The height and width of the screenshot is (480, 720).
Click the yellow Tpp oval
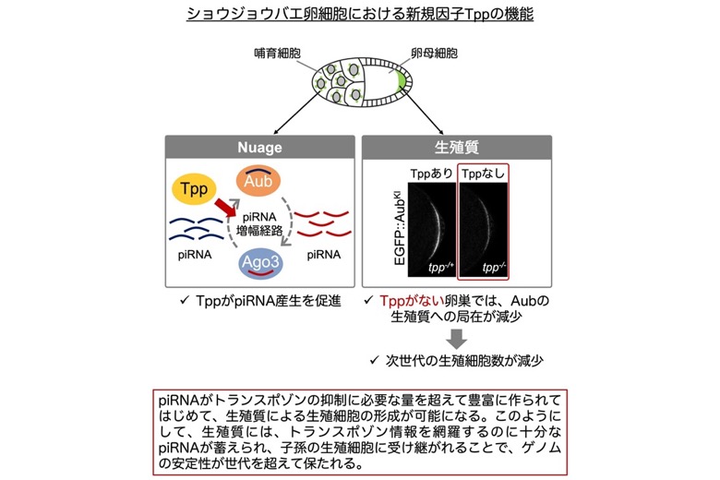tap(193, 188)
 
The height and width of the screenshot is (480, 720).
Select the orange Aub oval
tap(258, 181)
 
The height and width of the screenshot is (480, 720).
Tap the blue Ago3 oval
tap(260, 263)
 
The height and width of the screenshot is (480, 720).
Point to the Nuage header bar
tap(260, 147)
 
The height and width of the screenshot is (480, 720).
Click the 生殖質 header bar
tap(456, 147)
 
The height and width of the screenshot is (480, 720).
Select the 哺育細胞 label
tap(277, 54)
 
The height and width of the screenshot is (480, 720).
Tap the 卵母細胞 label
tap(434, 54)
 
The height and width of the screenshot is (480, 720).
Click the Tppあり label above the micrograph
tap(431, 174)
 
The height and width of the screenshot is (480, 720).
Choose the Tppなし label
tap(483, 174)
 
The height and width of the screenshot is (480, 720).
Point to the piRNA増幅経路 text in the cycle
tap(259, 223)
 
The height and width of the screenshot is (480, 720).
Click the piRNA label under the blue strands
tap(195, 255)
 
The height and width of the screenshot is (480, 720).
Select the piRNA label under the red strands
tap(324, 255)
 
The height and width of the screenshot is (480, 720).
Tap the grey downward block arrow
tap(456, 339)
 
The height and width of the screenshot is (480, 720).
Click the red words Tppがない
tap(412, 301)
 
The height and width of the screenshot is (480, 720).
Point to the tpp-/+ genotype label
tap(441, 267)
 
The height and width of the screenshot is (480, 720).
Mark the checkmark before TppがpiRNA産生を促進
tap(185, 300)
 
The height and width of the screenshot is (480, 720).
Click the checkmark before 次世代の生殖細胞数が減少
tap(374, 360)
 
